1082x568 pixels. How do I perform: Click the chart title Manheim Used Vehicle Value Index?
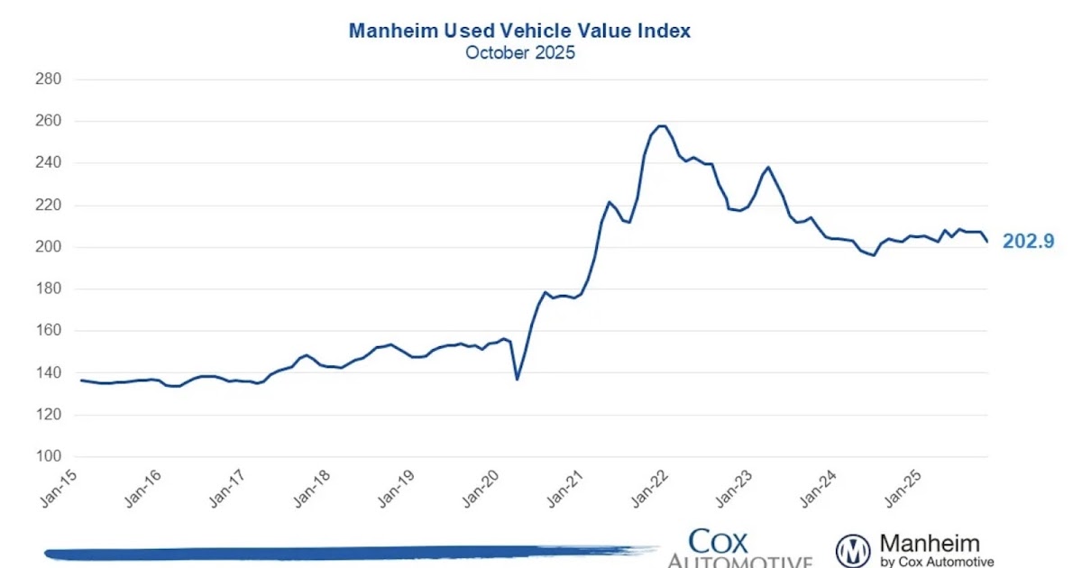[519, 31]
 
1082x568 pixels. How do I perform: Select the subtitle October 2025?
[519, 52]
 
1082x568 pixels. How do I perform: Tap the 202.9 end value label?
[1027, 242]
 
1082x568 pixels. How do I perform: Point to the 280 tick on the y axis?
[48, 79]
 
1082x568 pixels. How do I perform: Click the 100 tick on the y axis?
[48, 457]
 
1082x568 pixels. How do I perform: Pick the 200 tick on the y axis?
[48, 247]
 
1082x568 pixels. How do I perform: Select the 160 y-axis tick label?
[48, 331]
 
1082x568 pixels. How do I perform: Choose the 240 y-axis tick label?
[48, 163]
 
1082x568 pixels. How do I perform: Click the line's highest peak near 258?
[661, 126]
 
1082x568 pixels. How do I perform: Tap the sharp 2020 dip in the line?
[517, 379]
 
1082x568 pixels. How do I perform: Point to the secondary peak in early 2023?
[768, 167]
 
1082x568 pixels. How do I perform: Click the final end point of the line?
[987, 242]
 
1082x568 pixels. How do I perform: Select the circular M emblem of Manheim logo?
[852, 550]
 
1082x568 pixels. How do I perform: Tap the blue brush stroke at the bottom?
[343, 552]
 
